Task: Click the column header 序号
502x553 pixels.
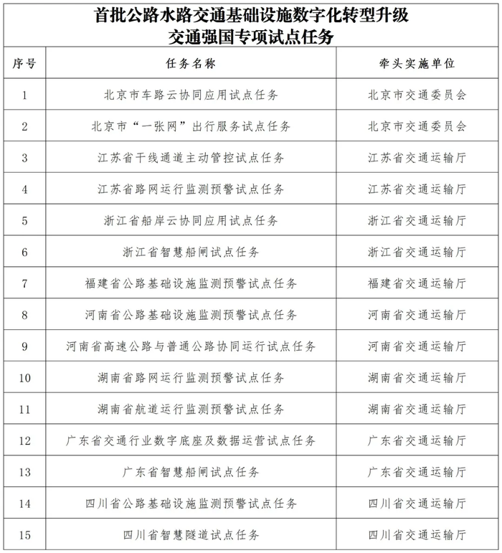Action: coord(24,63)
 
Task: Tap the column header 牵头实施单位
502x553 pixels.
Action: coord(417,63)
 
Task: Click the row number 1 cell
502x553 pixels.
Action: coord(24,95)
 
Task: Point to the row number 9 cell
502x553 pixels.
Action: coord(24,346)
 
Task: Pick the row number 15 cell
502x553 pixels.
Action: coord(24,535)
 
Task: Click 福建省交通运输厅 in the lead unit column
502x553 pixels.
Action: coord(417,283)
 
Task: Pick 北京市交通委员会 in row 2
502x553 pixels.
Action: coord(417,126)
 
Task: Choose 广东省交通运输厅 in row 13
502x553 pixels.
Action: coord(417,472)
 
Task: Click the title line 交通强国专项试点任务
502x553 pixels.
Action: coord(251,34)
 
